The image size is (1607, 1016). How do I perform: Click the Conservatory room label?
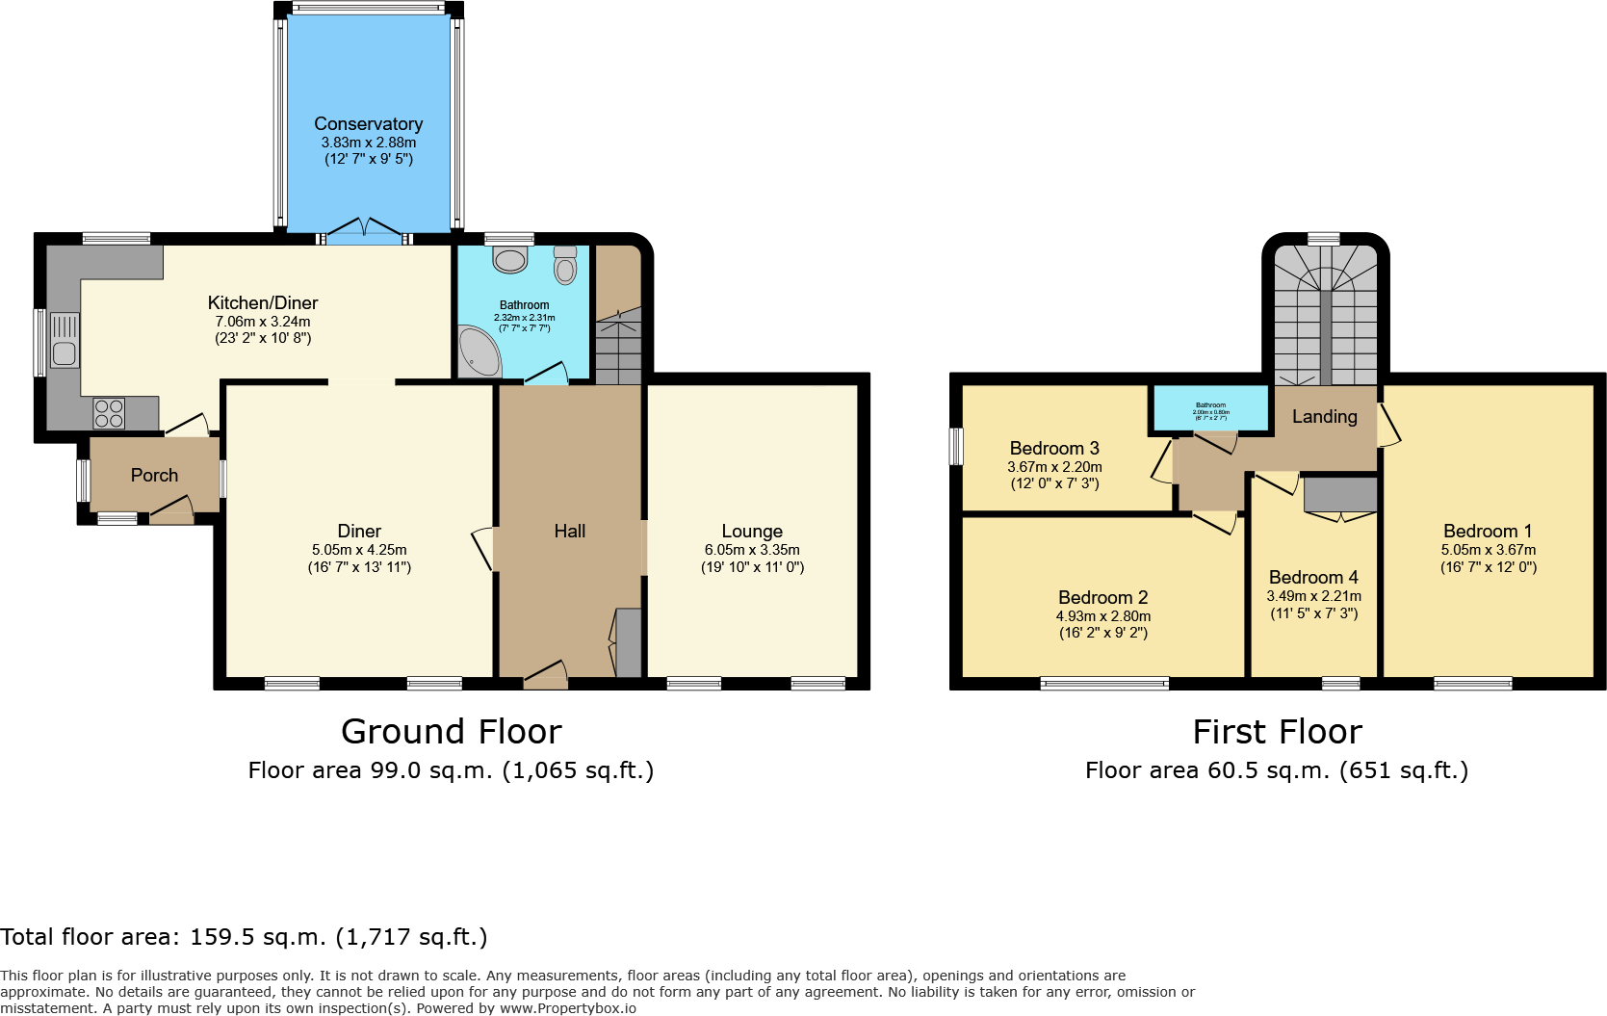[368, 124]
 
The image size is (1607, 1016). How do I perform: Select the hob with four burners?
[109, 414]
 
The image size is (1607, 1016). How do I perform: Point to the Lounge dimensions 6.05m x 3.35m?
[752, 550]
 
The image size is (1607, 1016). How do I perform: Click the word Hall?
[569, 531]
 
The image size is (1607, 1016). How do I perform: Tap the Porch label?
[154, 475]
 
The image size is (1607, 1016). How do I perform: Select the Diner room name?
[359, 531]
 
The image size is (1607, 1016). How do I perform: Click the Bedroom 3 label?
[1054, 448]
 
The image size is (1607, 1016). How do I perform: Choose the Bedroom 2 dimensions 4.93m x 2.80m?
[1102, 616]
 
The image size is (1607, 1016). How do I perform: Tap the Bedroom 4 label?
[1313, 577]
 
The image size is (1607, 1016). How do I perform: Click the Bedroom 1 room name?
[1488, 531]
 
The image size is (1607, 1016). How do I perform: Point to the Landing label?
[1324, 416]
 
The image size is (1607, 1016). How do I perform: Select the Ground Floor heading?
[451, 732]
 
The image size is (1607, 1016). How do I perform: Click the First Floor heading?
[1277, 732]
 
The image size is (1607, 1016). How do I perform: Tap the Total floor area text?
[244, 937]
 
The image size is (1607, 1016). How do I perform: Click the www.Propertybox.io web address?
[567, 1008]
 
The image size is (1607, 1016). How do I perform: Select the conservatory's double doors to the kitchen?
[364, 231]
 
